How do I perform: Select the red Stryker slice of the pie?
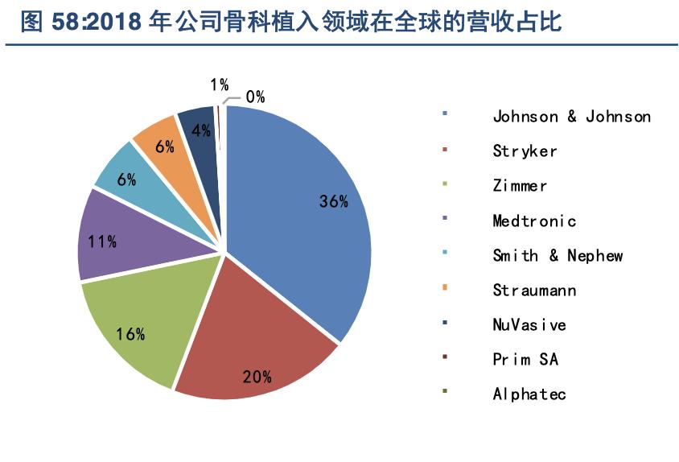tap(257, 338)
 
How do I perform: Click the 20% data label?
tap(257, 375)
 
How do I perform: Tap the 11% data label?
tap(102, 241)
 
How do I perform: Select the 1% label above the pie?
tap(219, 85)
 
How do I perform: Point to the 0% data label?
tap(256, 97)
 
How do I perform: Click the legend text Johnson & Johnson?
tap(571, 117)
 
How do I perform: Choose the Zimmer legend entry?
tap(520, 186)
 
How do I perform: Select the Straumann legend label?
tap(534, 290)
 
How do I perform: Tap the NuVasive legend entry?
tap(529, 324)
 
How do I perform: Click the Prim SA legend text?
tap(525, 359)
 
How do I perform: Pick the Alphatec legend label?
tap(529, 394)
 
